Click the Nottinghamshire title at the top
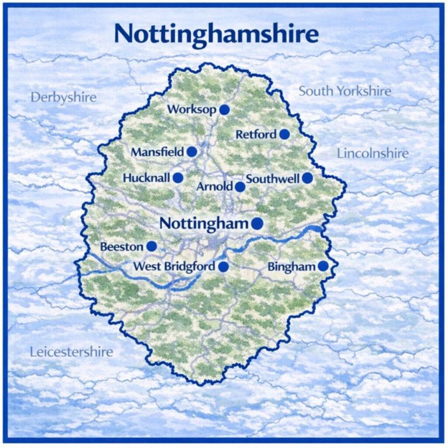pyautogui.click(x=216, y=33)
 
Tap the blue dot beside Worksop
pyautogui.click(x=224, y=110)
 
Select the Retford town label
pyautogui.click(x=256, y=134)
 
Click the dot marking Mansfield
pyautogui.click(x=192, y=152)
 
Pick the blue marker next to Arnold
pyautogui.click(x=240, y=187)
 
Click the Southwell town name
pyautogui.click(x=273, y=178)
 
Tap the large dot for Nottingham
pyautogui.click(x=257, y=224)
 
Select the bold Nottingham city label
pyautogui.click(x=204, y=223)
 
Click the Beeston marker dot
pyautogui.click(x=151, y=246)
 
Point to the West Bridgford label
pyautogui.click(x=174, y=266)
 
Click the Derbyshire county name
pyautogui.click(x=63, y=97)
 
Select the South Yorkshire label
pyautogui.click(x=345, y=91)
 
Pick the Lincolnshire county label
pyautogui.click(x=373, y=153)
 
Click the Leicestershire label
pyautogui.click(x=71, y=352)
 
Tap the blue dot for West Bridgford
pyautogui.click(x=224, y=266)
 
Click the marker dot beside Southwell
pyautogui.click(x=308, y=178)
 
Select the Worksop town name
pyautogui.click(x=192, y=109)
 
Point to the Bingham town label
pyautogui.click(x=291, y=266)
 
